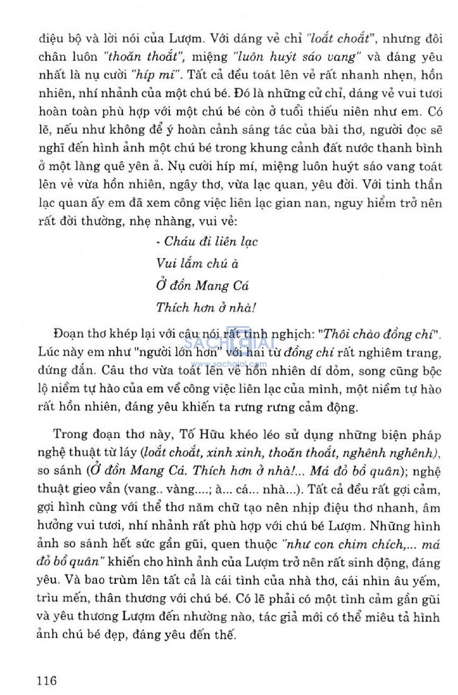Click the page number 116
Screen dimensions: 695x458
(47, 680)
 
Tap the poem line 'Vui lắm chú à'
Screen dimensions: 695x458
(197, 263)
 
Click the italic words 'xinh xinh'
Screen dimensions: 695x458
(235, 453)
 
